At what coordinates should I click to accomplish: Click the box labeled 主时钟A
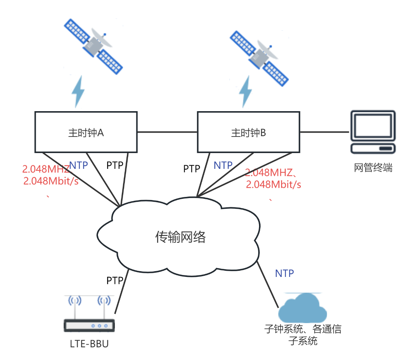click(x=86, y=132)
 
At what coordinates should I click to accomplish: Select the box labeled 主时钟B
click(x=248, y=132)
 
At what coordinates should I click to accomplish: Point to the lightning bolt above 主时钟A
click(x=78, y=92)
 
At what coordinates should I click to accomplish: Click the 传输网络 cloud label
click(x=181, y=237)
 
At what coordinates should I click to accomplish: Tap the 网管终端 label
click(x=373, y=168)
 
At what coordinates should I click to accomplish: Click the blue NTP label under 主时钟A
click(x=79, y=165)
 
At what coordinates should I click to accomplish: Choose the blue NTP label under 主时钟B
click(x=223, y=165)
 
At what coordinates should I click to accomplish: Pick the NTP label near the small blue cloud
click(x=284, y=273)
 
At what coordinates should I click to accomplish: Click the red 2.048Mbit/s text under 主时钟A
click(x=51, y=181)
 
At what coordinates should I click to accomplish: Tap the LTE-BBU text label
click(x=89, y=343)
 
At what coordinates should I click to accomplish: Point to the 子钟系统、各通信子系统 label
click(x=303, y=335)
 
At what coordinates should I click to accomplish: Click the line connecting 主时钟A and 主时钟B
click(x=167, y=132)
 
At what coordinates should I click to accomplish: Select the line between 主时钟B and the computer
click(x=325, y=132)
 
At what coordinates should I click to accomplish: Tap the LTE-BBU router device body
click(x=89, y=325)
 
